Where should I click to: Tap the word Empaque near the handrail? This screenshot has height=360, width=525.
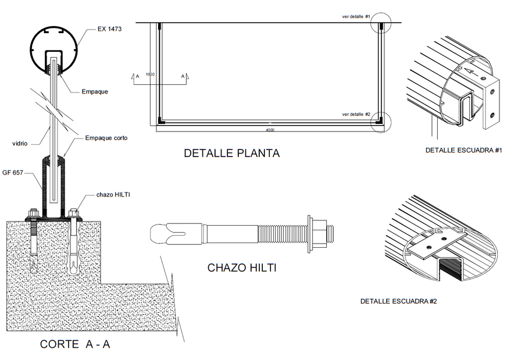coord(94,91)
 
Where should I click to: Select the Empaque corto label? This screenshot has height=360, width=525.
coord(106,138)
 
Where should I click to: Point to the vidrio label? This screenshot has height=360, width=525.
coord(22,142)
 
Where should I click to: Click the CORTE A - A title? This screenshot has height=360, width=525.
coord(75,344)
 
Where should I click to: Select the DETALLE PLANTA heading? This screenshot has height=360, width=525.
coord(231,154)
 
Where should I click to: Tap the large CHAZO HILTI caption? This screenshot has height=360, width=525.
coord(241,268)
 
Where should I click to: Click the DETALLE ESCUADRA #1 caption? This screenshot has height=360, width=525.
coord(463,150)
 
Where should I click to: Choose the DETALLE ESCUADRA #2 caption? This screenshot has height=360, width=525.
coord(398,301)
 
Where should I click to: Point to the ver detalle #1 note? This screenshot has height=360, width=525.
coord(356,17)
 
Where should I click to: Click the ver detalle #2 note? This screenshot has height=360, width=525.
coord(356,114)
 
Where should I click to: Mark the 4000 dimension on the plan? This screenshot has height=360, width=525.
coord(270,130)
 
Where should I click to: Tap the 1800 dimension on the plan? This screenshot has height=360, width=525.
coord(150,74)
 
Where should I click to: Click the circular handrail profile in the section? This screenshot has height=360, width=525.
coord(53,51)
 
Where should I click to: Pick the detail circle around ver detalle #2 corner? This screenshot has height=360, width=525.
coord(381,120)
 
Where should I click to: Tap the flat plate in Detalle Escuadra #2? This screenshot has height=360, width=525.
coord(435,244)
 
